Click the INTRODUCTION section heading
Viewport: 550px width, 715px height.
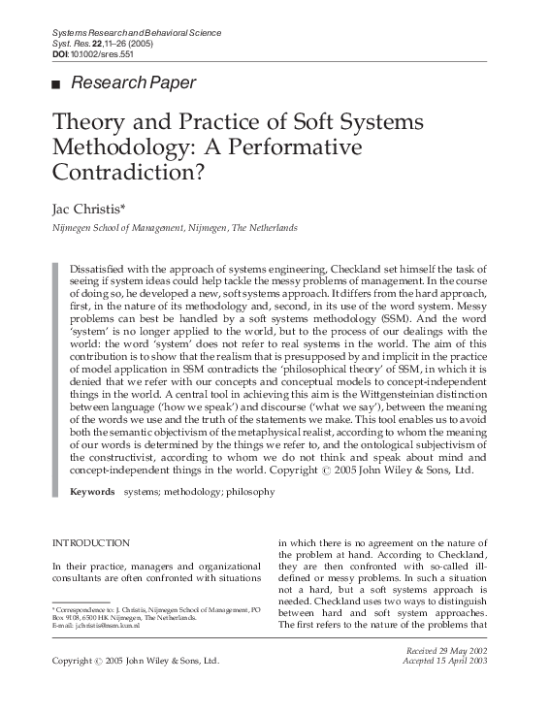tap(90, 543)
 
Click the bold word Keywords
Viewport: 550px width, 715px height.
tap(92, 492)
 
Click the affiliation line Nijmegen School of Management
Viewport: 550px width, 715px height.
tap(160, 228)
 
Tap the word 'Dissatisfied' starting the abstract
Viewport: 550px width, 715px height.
tap(101, 267)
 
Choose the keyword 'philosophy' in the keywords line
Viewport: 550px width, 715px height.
tap(250, 492)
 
